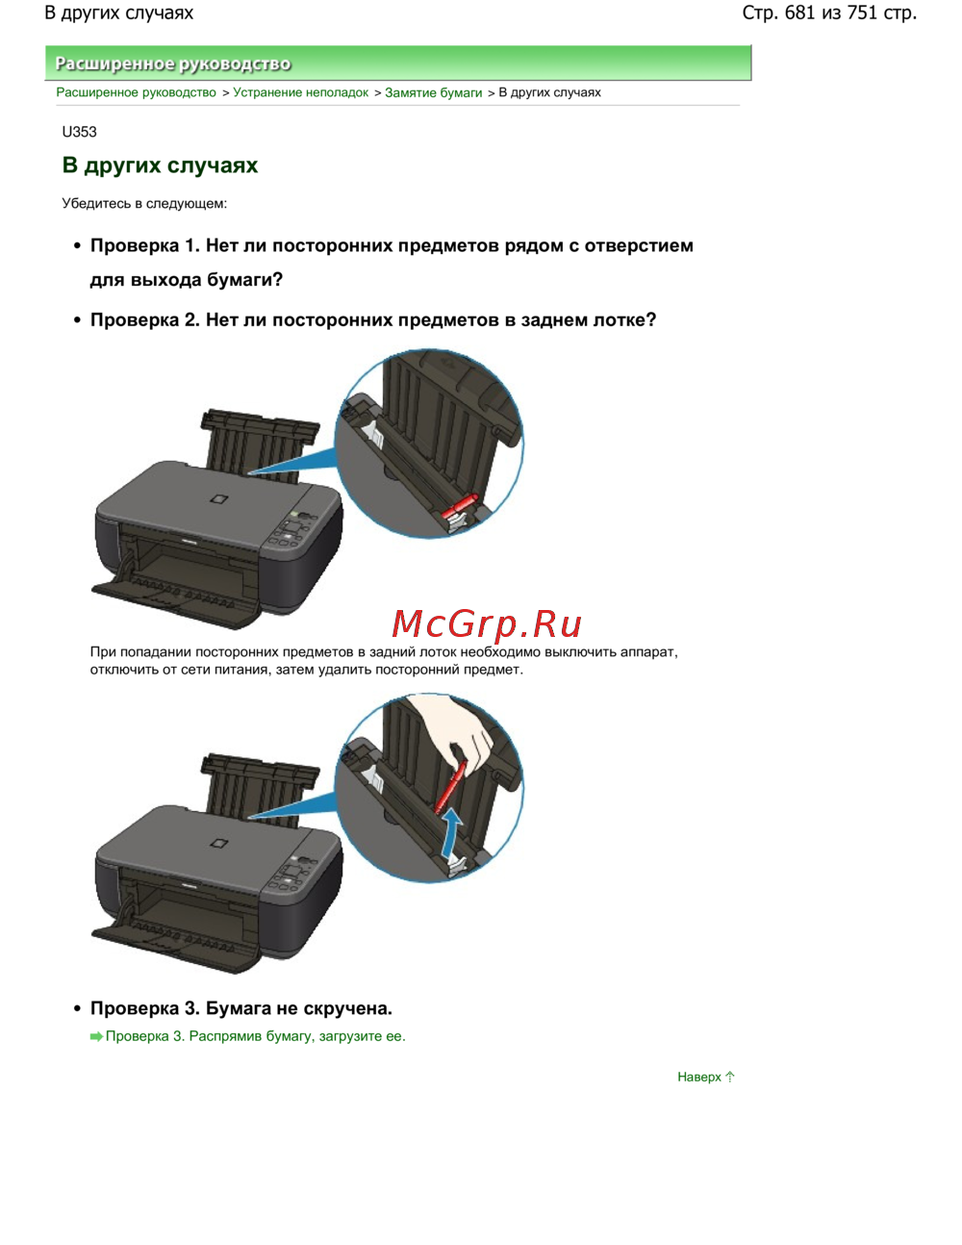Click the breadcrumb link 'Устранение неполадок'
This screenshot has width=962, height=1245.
point(300,92)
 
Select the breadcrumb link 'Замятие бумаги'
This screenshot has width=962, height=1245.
point(434,92)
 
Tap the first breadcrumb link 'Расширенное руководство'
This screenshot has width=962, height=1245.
point(137,92)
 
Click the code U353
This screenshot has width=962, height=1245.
point(79,133)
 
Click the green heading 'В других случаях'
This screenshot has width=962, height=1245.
point(160,165)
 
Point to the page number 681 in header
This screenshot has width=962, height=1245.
point(800,13)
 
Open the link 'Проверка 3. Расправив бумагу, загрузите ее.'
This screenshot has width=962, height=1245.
point(255,1036)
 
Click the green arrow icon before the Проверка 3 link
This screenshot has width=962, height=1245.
point(96,1036)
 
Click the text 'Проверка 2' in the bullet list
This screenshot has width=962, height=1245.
point(145,320)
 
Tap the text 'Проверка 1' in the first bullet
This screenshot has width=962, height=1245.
point(145,245)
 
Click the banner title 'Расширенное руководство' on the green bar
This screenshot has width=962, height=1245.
point(173,64)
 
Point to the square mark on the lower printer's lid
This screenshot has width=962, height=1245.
point(218,844)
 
